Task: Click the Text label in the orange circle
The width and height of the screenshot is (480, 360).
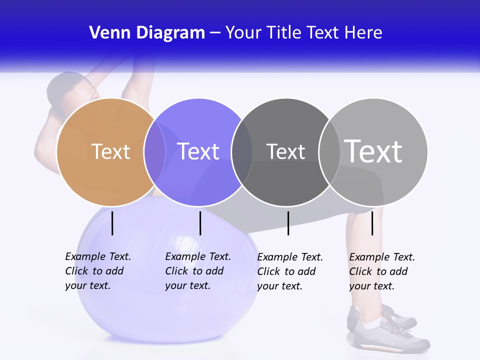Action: coord(110,151)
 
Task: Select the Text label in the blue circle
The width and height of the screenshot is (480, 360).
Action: coord(198,151)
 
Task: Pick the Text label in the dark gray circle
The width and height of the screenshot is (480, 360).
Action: coord(285,151)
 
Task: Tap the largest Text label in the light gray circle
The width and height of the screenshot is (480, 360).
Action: coord(373,151)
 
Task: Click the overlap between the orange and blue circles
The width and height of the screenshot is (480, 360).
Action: coord(155,152)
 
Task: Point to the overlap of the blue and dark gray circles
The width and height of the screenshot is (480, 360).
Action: coord(242,152)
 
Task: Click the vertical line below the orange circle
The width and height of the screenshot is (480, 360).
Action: coord(112,223)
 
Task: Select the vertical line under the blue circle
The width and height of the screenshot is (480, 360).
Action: coord(200,223)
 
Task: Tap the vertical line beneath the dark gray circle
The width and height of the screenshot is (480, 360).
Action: coord(288,223)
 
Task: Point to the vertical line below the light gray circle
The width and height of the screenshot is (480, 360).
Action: coord(372,223)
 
